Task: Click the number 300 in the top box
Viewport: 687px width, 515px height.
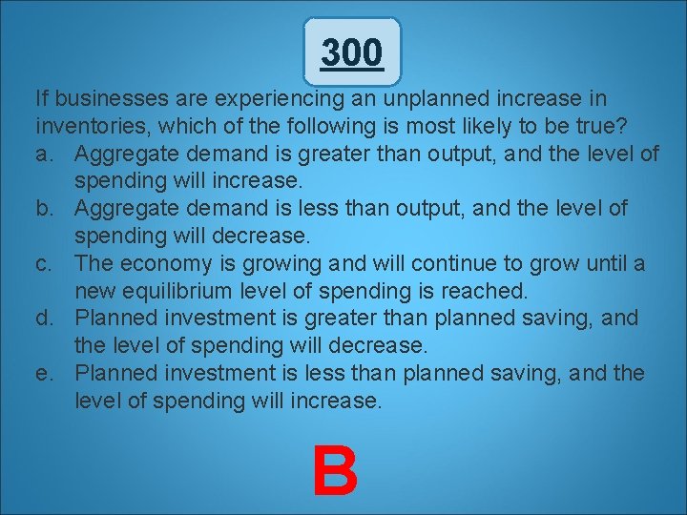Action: pos(352,52)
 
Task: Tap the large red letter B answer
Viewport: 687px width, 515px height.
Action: pos(336,470)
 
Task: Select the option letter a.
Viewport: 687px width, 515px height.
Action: pos(45,154)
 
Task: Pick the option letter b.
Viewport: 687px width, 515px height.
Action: pos(45,208)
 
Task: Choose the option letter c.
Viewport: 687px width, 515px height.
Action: pos(45,262)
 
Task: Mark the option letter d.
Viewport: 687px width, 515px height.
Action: pos(45,318)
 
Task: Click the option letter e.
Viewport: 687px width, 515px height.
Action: pos(45,373)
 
